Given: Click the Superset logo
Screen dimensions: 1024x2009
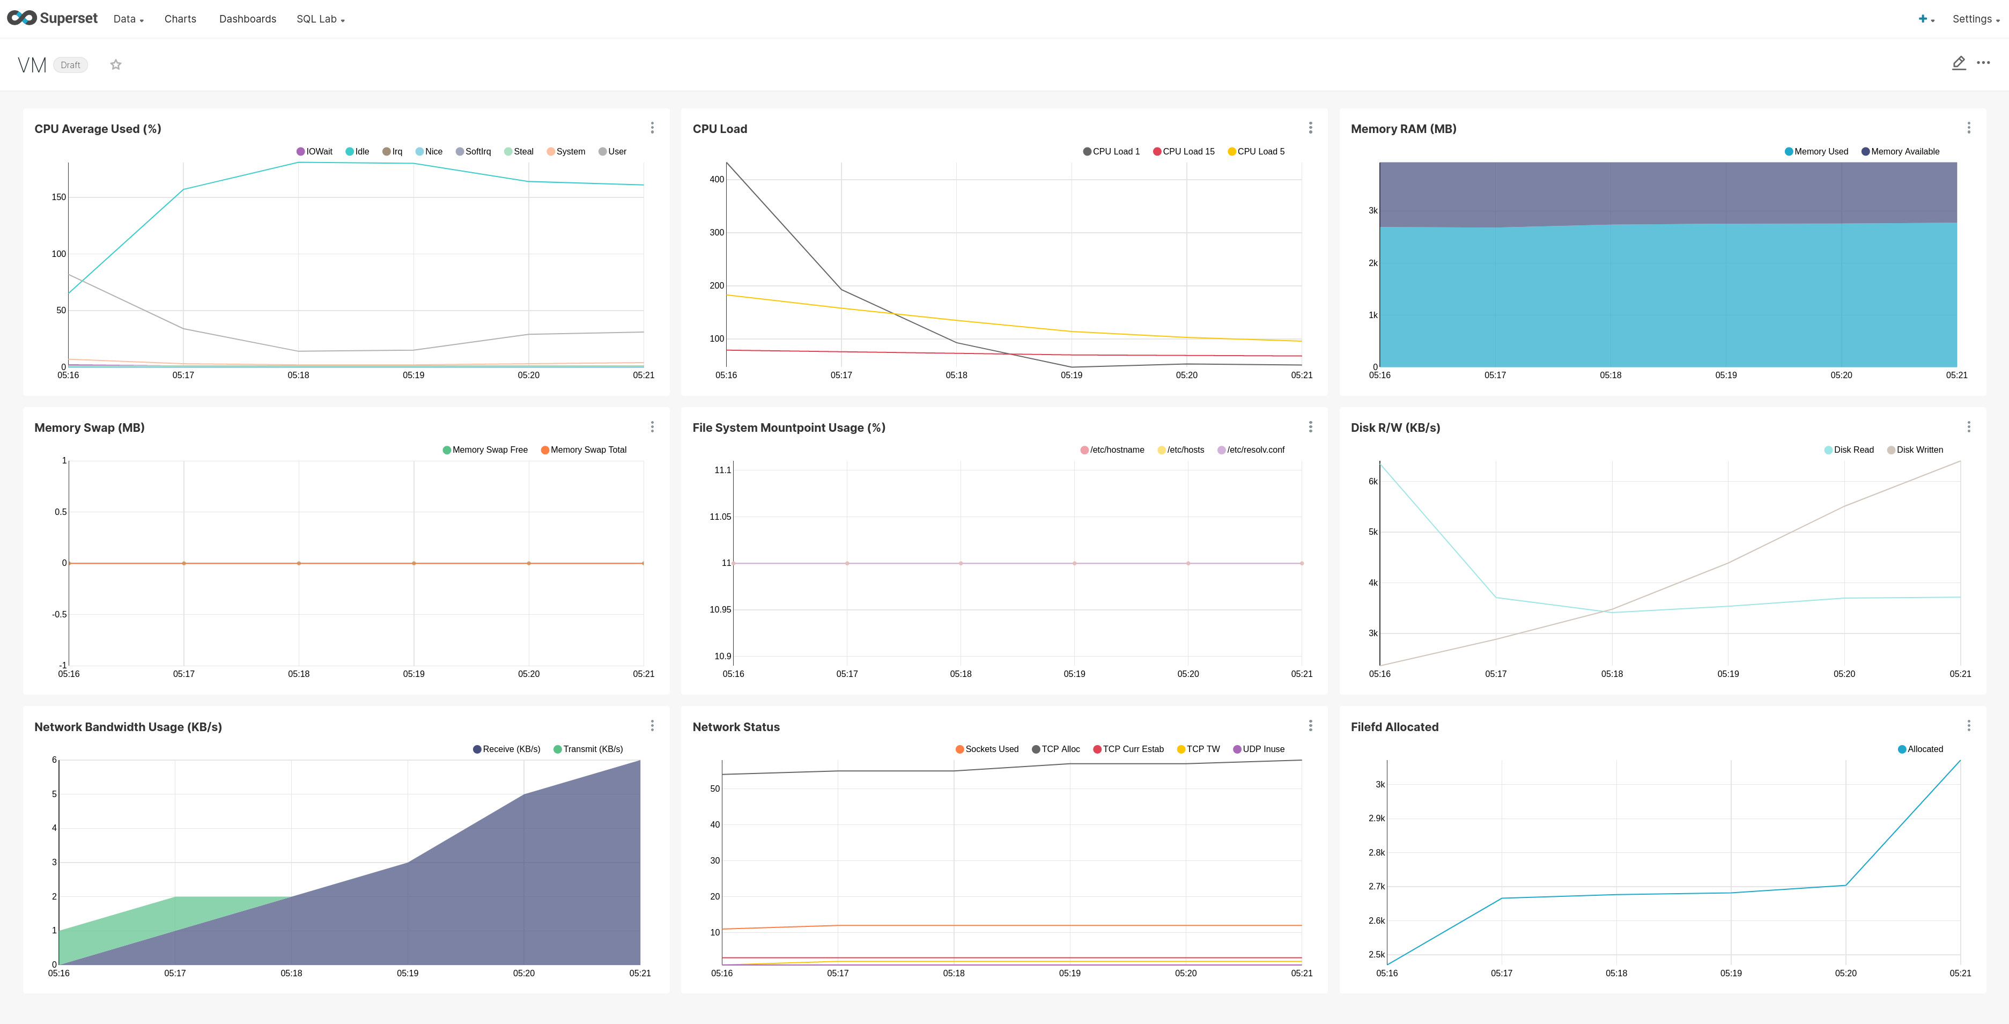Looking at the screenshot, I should (52, 19).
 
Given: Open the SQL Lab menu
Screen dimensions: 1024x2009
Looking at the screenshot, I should (320, 19).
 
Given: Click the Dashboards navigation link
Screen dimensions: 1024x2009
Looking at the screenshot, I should (247, 19).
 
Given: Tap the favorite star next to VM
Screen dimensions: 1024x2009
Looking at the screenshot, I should (115, 65).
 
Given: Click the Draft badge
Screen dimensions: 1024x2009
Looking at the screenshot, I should (70, 65).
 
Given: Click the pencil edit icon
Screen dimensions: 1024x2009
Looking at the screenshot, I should (1958, 63).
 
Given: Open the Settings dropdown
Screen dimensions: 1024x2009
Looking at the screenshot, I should (1975, 19).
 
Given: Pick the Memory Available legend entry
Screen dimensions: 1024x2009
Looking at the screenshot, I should (1901, 151).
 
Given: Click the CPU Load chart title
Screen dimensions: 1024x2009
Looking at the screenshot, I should (719, 129).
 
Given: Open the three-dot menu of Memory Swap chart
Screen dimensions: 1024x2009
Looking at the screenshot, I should (652, 426).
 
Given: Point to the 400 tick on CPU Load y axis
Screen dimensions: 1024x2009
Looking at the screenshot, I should (717, 179).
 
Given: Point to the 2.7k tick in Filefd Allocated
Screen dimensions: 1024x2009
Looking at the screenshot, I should (1377, 887).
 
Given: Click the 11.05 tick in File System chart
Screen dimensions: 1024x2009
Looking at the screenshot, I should (720, 517).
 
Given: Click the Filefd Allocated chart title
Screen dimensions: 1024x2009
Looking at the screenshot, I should (1394, 727).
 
